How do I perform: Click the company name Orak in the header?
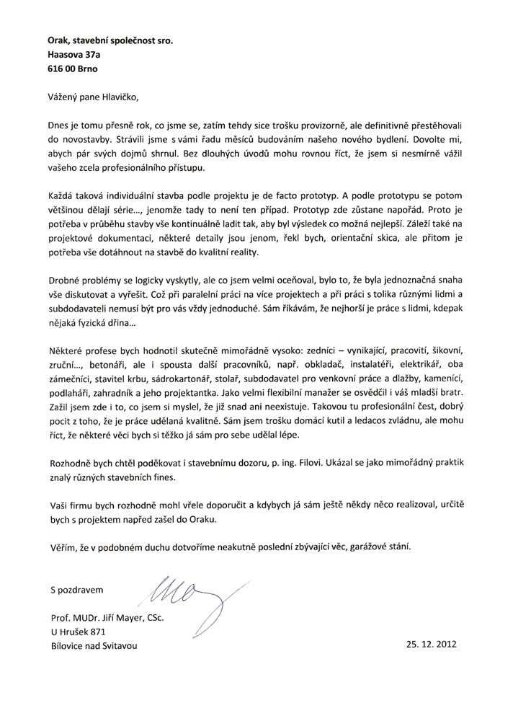[61, 41]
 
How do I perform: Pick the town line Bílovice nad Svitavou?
[93, 646]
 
